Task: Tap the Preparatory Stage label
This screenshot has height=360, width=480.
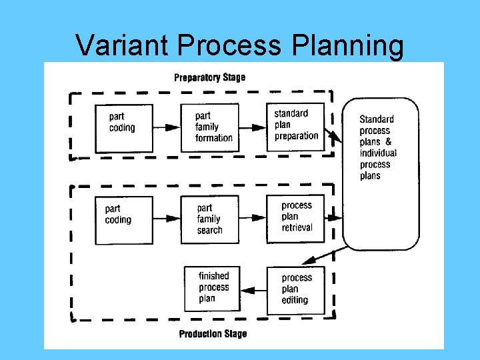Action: point(209,77)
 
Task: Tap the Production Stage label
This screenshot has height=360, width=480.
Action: point(213,333)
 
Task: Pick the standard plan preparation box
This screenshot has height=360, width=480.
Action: point(295,125)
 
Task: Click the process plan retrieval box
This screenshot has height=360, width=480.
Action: point(295,217)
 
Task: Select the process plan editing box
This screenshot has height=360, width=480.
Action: point(295,289)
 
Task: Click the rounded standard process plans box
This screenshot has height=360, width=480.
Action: point(381,173)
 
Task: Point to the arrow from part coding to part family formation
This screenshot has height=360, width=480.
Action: point(167,127)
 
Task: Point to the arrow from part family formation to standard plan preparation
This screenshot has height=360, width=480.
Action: point(252,127)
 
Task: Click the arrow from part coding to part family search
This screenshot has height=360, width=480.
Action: point(167,218)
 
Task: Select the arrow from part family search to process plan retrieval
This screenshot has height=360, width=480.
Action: point(252,218)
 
